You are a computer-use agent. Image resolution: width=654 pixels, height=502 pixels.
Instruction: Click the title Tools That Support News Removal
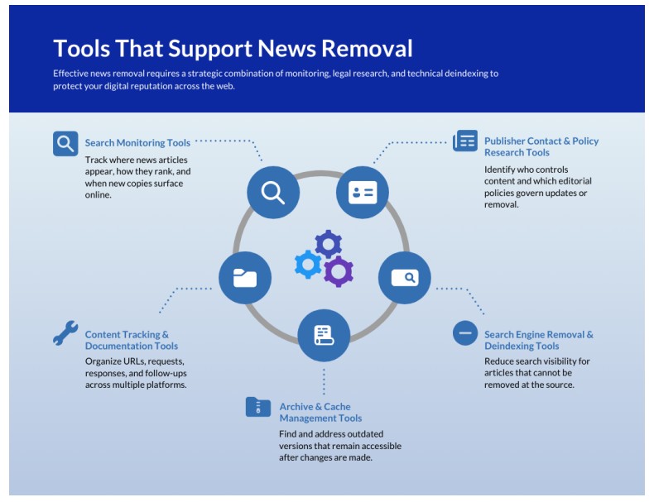(x=233, y=48)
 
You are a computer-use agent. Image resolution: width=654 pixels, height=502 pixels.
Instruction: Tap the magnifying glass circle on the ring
(x=272, y=193)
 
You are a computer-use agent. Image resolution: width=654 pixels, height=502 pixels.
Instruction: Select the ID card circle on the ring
(x=362, y=193)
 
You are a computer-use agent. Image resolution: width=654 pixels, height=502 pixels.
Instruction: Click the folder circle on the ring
(x=244, y=278)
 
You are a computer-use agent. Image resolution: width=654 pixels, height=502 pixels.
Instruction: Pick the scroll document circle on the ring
(x=323, y=335)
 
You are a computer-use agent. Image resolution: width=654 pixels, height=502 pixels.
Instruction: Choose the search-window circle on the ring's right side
(x=404, y=278)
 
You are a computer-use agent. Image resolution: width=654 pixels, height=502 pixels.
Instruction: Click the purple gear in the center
(x=338, y=271)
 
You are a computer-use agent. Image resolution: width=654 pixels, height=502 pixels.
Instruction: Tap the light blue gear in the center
(x=308, y=264)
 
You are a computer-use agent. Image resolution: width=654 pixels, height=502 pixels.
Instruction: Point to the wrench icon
(x=65, y=332)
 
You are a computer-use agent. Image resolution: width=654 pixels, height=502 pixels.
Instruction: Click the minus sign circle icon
(x=465, y=333)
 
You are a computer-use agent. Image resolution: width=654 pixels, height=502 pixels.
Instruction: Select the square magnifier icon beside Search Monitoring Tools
(x=65, y=144)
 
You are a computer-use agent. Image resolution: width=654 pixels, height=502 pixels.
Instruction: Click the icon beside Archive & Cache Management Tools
(x=258, y=407)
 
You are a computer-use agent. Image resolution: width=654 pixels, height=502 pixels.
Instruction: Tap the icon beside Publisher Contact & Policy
(x=465, y=141)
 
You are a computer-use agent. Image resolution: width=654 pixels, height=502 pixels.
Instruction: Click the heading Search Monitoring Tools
(x=137, y=143)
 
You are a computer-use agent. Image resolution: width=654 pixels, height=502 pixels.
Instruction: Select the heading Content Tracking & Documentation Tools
(x=131, y=340)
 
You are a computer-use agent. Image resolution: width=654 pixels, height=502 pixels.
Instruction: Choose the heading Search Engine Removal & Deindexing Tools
(x=538, y=340)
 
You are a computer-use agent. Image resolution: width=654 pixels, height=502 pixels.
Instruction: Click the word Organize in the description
(x=104, y=361)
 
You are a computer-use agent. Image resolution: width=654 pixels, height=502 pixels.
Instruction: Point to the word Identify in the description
(x=502, y=170)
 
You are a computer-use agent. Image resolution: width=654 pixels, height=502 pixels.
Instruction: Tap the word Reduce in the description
(x=501, y=361)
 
